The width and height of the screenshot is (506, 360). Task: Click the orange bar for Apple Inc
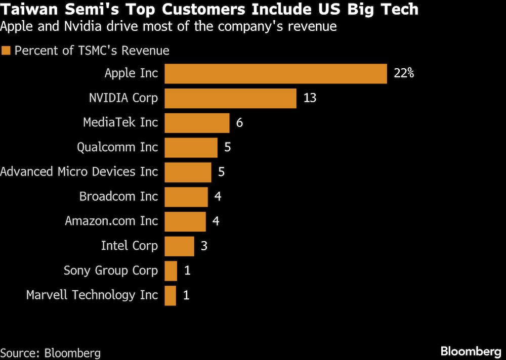coord(276,73)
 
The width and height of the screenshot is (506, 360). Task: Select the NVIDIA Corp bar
coord(230,98)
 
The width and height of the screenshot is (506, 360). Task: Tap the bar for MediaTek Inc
coord(197,123)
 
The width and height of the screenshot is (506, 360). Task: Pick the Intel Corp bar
coord(179,246)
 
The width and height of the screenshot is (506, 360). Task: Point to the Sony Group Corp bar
coord(171,271)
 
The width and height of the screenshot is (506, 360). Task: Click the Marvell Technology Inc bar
coord(171,295)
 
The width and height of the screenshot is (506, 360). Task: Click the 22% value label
coord(404,73)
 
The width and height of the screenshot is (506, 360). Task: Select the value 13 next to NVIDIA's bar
coord(310,98)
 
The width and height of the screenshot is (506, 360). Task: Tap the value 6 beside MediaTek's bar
coord(240,123)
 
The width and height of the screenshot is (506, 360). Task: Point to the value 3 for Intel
coord(204,246)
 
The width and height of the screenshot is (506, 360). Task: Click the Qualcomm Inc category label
coord(117,147)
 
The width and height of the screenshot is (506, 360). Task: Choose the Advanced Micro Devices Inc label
coord(79,172)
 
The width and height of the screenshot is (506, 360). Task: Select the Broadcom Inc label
coord(118,196)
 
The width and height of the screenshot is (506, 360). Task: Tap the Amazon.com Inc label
coord(111,221)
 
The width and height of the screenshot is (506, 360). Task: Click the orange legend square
coord(6,51)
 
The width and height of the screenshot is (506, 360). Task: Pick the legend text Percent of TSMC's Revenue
coord(92,51)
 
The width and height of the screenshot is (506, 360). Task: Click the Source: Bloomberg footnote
coord(51,352)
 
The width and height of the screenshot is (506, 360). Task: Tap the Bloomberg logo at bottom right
coord(471,351)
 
